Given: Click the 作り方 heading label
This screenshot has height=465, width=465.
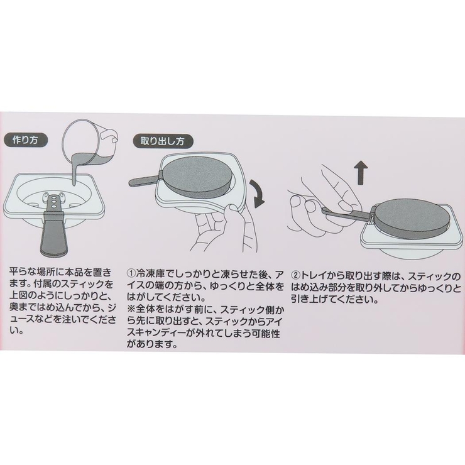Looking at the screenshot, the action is click(x=25, y=140).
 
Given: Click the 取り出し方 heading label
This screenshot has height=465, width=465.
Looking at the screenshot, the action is click(x=163, y=141).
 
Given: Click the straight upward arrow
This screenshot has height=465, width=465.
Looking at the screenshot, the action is click(x=361, y=173).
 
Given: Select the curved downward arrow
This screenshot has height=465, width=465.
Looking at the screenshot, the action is click(x=258, y=194).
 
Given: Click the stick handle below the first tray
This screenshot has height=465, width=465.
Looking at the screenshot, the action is click(x=53, y=234).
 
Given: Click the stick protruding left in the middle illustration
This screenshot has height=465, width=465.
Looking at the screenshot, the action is click(x=145, y=180).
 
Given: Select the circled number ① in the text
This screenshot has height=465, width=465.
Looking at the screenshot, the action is click(x=131, y=273).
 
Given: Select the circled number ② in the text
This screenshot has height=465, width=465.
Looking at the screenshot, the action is click(x=295, y=276).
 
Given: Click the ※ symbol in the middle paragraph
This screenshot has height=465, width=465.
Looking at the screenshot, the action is click(x=131, y=310).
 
